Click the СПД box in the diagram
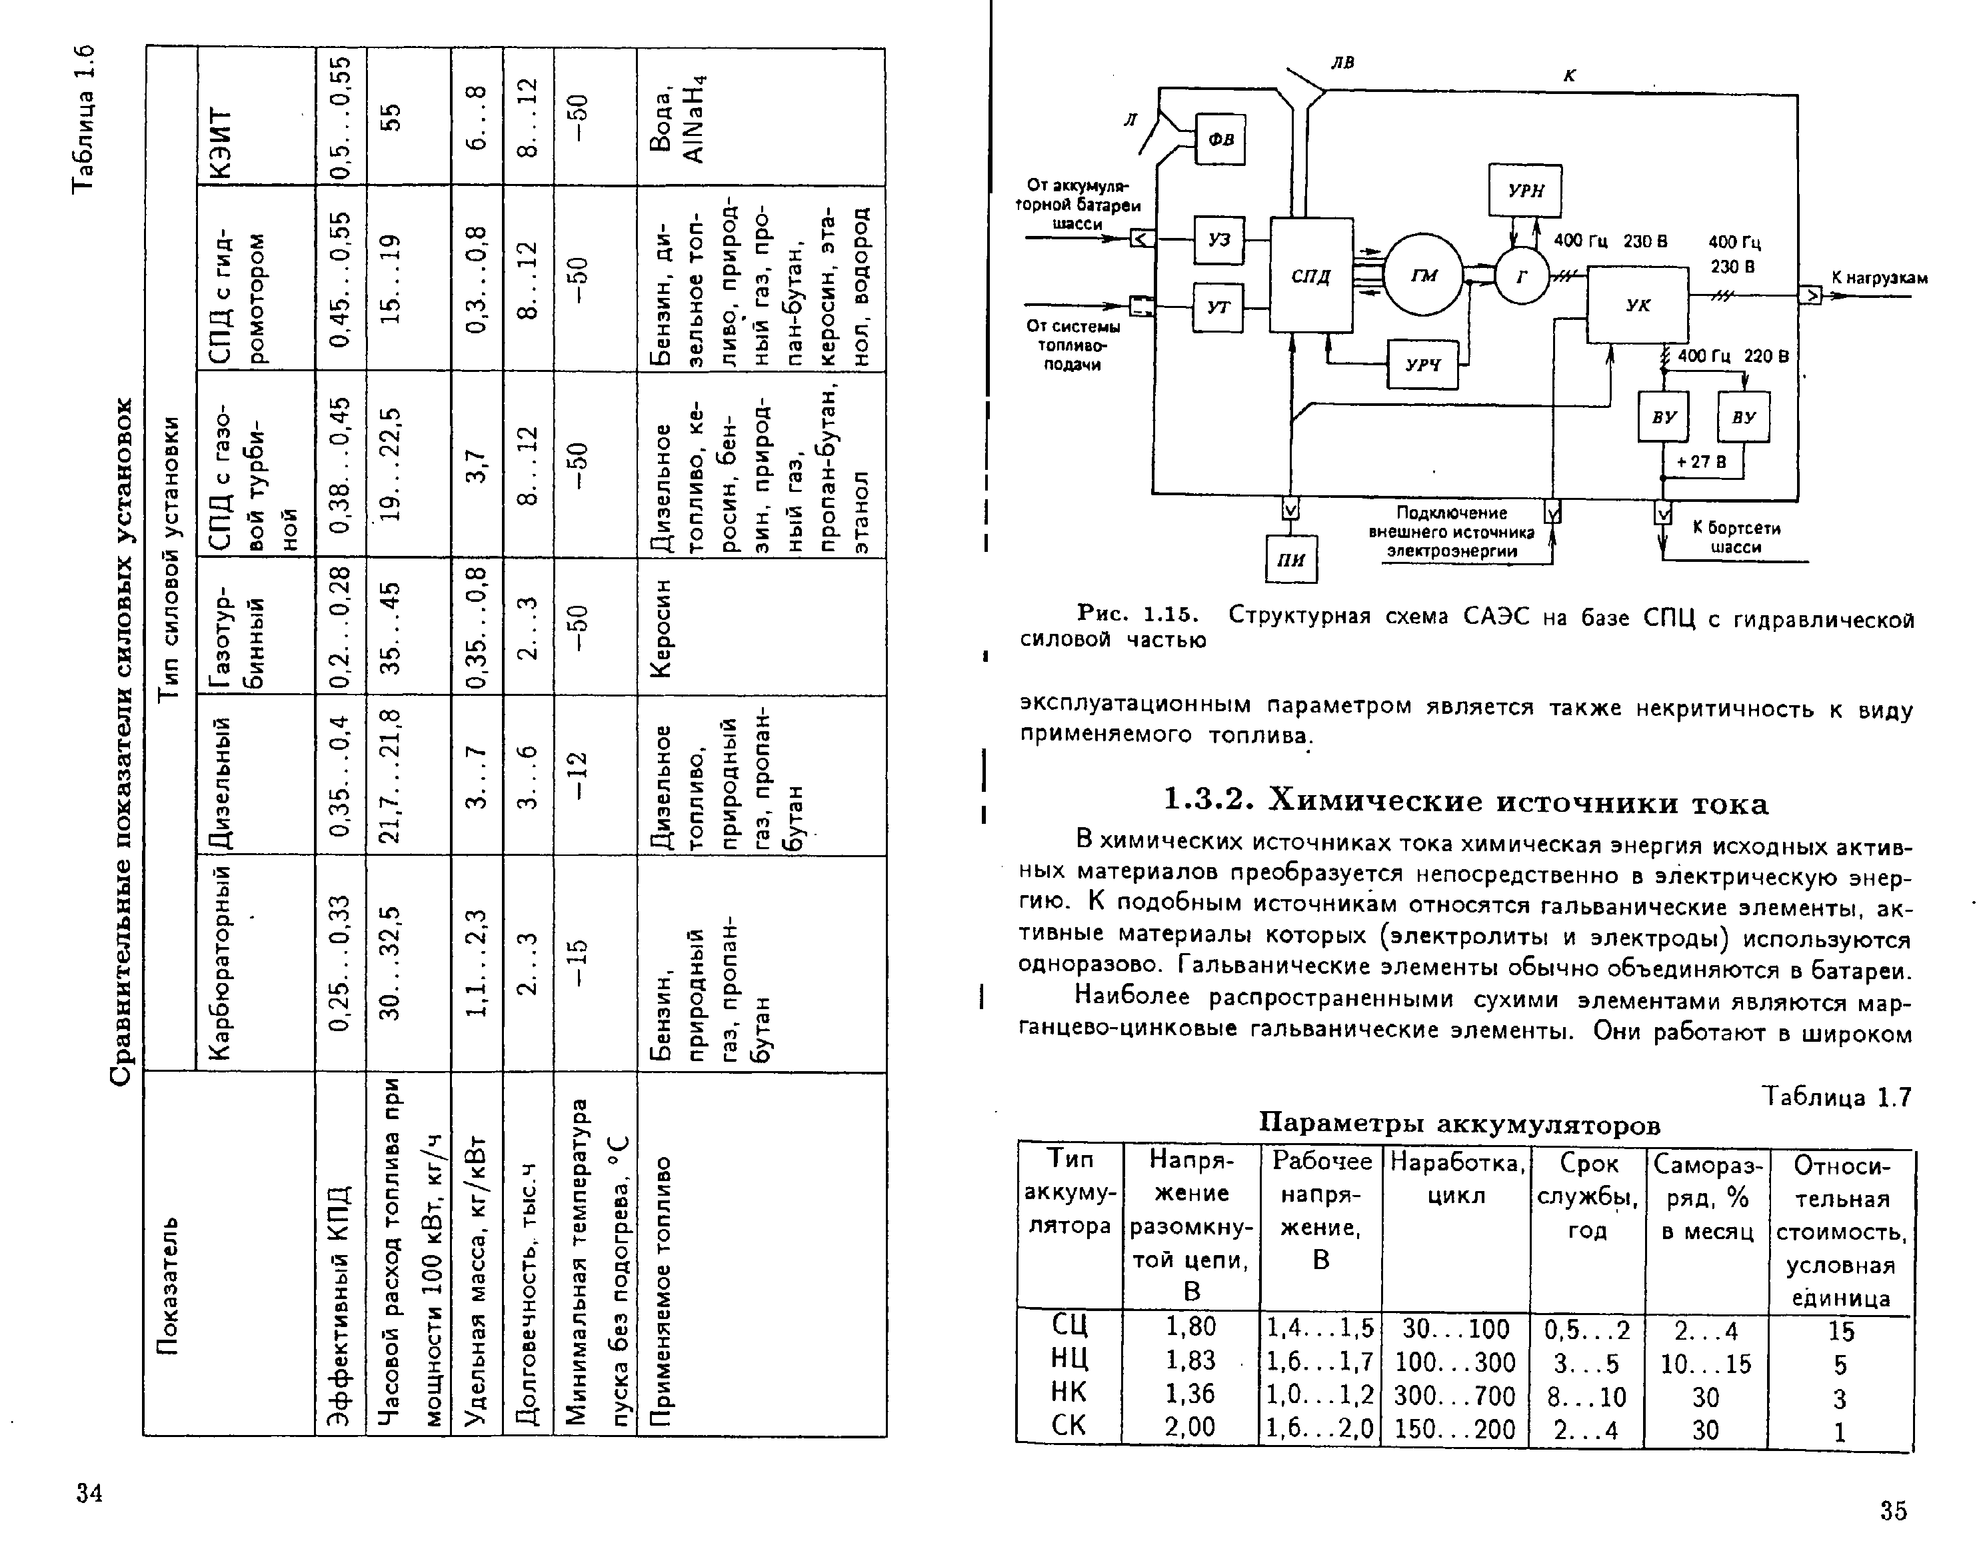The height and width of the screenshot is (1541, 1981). click(x=1310, y=275)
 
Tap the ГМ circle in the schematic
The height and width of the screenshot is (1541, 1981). click(x=1423, y=275)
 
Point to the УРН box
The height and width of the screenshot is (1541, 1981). click(x=1525, y=191)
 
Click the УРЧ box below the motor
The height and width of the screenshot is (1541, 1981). click(x=1422, y=365)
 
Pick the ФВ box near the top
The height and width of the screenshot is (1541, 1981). click(x=1220, y=139)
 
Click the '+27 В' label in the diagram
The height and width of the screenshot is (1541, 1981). click(x=1701, y=462)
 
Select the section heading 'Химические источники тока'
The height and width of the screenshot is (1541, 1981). click(x=1465, y=802)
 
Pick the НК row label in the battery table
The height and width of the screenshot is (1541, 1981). click(x=1068, y=1392)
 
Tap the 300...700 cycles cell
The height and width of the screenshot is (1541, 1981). click(x=1454, y=1395)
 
